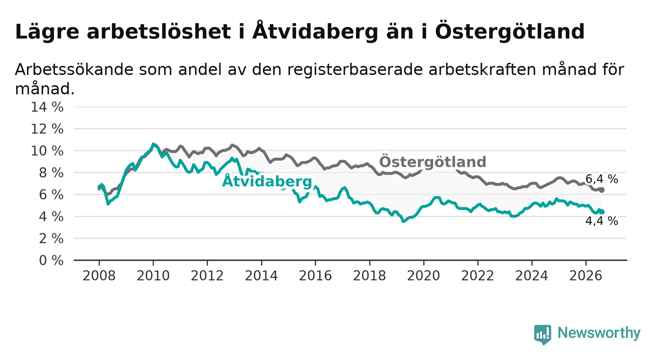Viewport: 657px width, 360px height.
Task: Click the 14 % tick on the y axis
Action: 47,107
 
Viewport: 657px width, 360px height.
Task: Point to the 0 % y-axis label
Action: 51,260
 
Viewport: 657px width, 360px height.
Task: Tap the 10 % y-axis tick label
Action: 47,151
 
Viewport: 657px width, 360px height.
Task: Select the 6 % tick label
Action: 51,195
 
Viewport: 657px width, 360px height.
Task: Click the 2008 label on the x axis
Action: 99,276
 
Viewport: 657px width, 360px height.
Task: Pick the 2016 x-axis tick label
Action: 315,276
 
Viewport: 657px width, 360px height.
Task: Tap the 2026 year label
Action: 586,276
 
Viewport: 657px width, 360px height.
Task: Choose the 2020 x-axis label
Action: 424,276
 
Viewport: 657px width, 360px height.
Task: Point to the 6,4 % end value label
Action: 602,179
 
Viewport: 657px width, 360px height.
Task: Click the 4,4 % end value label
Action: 602,221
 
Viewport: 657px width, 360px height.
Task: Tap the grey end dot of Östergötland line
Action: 602,190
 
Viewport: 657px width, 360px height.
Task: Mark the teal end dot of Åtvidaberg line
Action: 602,212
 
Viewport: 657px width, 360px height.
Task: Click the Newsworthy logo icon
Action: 543,334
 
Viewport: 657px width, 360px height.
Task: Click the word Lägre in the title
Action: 47,32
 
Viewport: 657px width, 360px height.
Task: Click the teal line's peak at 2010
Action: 153,144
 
